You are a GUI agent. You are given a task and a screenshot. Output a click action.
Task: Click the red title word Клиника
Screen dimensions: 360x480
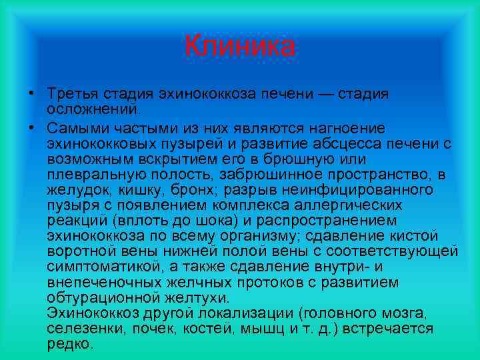coord(240,46)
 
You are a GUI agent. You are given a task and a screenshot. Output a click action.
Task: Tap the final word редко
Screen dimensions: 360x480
coord(70,345)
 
